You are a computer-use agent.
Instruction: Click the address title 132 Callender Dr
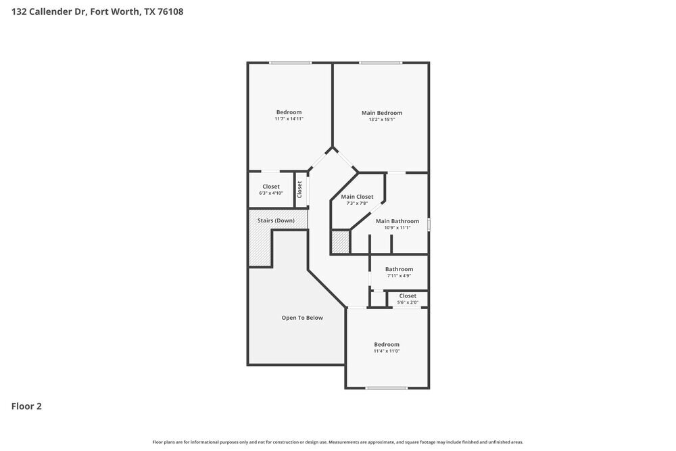click(97, 11)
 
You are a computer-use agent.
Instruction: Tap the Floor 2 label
click(26, 406)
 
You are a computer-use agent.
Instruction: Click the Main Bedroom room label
click(382, 113)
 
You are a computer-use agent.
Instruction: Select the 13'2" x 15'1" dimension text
click(382, 120)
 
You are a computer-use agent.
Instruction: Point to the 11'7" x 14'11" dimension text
click(289, 119)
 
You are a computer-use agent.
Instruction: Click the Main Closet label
click(357, 197)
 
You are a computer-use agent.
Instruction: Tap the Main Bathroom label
click(397, 221)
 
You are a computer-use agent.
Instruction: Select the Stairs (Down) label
click(276, 220)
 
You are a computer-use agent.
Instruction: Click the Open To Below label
click(302, 317)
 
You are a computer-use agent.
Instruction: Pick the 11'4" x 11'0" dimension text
click(387, 351)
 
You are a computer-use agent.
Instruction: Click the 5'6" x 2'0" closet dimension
click(408, 302)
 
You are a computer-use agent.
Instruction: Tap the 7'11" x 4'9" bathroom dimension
click(399, 276)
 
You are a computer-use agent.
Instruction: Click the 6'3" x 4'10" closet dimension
click(271, 193)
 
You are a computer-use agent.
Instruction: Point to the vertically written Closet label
click(299, 189)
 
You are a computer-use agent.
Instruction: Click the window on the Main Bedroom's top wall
click(380, 63)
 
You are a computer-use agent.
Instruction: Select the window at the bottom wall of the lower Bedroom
click(387, 388)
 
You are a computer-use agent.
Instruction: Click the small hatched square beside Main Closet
click(340, 242)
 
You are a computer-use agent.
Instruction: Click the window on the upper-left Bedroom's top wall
click(290, 63)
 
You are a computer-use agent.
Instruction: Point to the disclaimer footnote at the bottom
click(338, 442)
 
